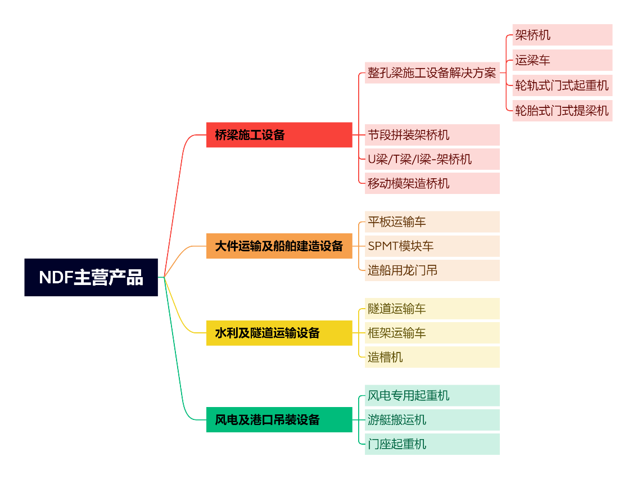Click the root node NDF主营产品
tap(91, 277)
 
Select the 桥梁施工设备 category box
tap(279, 135)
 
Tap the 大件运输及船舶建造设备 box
tap(279, 246)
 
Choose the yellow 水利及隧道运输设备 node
tap(279, 333)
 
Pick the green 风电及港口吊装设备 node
tap(279, 419)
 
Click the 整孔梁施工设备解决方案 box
tap(432, 73)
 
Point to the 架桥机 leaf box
tap(562, 35)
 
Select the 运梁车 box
tap(562, 60)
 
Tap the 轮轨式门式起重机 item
tap(562, 85)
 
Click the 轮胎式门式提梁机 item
tap(562, 111)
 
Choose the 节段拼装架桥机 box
tap(432, 135)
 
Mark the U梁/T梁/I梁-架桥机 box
tap(432, 159)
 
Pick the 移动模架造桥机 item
tap(432, 183)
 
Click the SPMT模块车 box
tap(432, 246)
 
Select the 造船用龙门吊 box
tap(432, 270)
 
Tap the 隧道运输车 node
tap(432, 309)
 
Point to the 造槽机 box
tap(432, 357)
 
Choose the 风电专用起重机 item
tap(432, 395)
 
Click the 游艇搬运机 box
tap(432, 419)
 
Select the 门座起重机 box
tap(432, 444)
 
